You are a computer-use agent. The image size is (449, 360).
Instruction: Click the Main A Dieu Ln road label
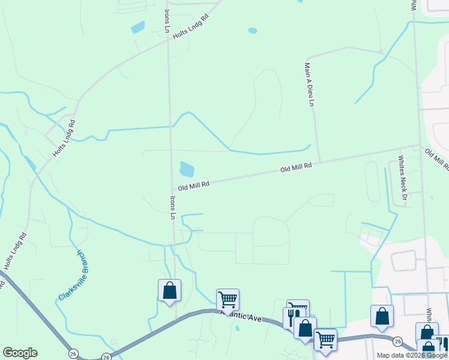309,85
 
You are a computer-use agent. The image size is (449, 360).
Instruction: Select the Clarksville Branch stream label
71,275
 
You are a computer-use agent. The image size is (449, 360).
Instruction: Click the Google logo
20,353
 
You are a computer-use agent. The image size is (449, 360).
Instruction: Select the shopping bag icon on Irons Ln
170,291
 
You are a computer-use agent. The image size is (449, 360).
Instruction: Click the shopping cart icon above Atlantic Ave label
228,299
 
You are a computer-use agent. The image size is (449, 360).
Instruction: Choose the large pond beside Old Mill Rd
187,169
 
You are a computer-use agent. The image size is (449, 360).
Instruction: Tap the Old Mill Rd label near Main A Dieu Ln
297,169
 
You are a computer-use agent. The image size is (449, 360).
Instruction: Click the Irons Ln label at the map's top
166,21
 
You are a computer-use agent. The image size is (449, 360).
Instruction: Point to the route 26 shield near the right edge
397,341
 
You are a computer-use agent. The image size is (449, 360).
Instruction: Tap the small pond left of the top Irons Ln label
137,27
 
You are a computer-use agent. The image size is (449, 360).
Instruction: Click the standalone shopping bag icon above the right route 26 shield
382,316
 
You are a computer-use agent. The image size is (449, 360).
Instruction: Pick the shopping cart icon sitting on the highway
325,339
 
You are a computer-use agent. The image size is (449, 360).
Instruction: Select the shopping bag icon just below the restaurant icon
304,328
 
